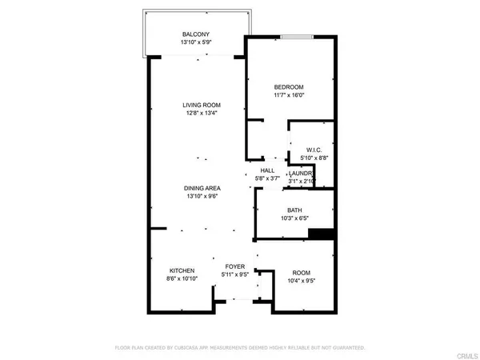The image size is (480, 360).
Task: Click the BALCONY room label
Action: point(195,33)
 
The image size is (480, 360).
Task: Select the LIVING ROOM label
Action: point(201,105)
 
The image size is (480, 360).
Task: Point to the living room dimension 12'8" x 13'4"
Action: point(201,113)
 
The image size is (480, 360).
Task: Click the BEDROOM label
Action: point(290,87)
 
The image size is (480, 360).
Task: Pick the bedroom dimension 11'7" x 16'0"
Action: point(290,95)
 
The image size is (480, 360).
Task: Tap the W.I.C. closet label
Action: point(314,150)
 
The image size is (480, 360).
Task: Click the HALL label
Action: point(267,170)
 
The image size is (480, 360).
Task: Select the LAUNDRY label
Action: point(301,174)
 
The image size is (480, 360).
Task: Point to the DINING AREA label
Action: point(202,187)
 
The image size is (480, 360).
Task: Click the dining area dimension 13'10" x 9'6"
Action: point(202,195)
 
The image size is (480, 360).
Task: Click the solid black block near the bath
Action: point(321,234)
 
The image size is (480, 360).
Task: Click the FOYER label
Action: point(234,266)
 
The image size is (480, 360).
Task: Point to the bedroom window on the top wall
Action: point(297,36)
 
